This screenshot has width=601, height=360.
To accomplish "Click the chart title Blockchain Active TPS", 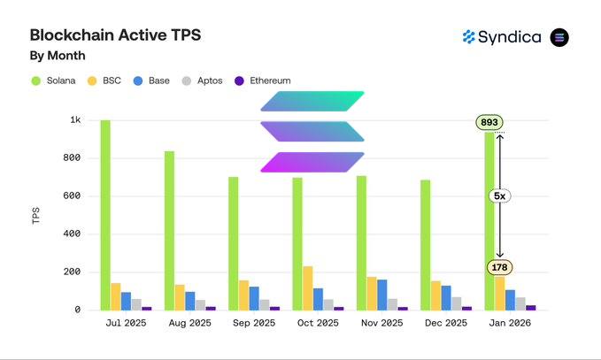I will point(115,35).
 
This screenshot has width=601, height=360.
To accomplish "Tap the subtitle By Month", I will point(58,56).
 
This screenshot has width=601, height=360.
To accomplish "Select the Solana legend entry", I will point(53,80).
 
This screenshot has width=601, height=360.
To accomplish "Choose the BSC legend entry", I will point(104,80).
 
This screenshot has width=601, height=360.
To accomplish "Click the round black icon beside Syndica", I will point(559,37).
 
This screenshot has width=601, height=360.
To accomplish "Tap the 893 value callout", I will point(489,122).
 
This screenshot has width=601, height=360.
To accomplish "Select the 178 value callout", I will point(499,267).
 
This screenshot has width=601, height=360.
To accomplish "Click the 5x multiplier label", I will point(499,195).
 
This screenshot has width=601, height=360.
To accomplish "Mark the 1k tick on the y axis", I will point(76,120).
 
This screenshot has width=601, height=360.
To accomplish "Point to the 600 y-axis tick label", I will point(73,196).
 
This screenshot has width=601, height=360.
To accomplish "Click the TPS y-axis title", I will point(36,215).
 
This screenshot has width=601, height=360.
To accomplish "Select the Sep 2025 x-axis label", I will point(254,324).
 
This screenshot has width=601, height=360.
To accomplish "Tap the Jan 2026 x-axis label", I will point(511,324).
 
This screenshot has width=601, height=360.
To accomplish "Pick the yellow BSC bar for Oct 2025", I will point(308,287).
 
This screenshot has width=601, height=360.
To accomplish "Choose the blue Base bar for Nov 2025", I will point(382,295).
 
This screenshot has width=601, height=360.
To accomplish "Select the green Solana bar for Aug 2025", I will point(169,230).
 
